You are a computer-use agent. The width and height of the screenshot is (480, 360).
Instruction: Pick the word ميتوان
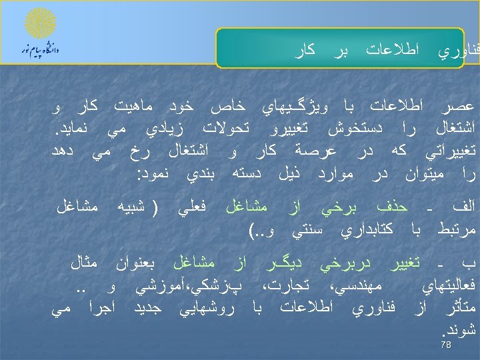[x=415, y=175]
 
